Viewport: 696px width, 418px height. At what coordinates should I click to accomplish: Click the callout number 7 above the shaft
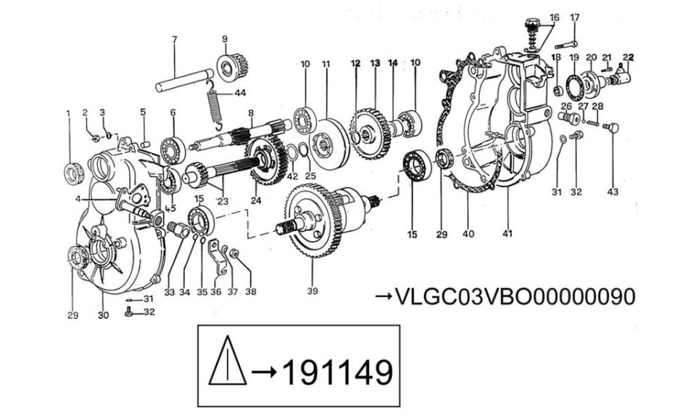point(174,39)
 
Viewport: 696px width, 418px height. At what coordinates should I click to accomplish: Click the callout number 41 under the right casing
point(507,233)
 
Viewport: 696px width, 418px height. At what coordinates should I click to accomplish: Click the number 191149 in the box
point(337,372)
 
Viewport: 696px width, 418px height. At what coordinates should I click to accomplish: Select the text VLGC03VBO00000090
point(515,297)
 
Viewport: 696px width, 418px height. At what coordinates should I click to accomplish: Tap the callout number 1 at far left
point(68,114)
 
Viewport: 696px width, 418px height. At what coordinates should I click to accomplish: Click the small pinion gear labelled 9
point(231,66)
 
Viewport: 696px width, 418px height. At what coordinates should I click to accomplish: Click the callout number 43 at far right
point(613,192)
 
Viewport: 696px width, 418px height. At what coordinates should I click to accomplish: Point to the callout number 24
point(256,200)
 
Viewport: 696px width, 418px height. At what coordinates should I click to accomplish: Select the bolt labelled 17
point(566,44)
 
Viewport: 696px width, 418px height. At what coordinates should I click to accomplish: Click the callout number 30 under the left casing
point(103,316)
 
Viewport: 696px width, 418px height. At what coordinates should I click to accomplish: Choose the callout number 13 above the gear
point(375,64)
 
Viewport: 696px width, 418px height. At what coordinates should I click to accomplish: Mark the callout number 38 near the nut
point(251,292)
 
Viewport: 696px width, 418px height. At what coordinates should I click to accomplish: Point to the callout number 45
point(170,208)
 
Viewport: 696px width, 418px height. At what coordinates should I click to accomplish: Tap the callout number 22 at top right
point(629,57)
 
